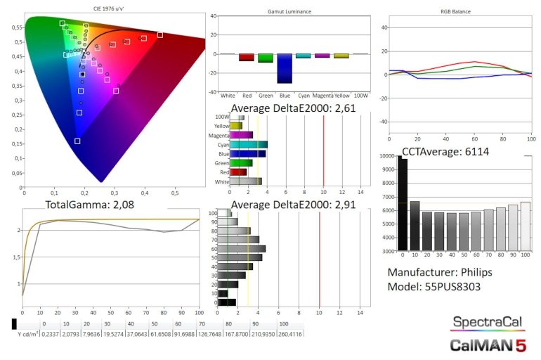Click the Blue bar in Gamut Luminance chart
[285, 68]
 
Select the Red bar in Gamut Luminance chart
[247, 58]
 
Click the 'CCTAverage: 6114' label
[445, 151]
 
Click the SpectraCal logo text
[488, 323]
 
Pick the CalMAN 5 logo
[488, 345]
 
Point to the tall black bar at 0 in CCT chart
[403, 204]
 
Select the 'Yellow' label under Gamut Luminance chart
[341, 95]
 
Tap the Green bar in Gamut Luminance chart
[266, 58]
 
